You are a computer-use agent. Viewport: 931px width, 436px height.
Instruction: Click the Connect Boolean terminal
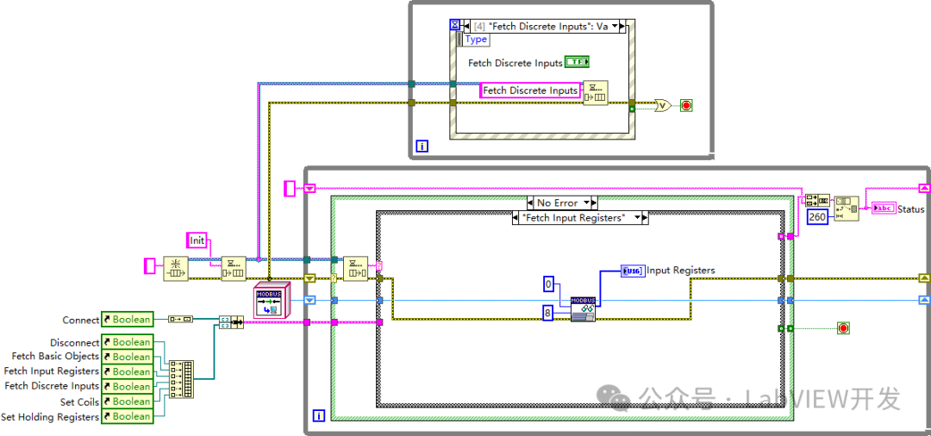tap(127, 320)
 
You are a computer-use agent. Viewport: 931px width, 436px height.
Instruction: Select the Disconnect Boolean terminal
tap(127, 342)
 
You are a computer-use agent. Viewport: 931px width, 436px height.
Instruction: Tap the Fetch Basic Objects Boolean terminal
tap(127, 357)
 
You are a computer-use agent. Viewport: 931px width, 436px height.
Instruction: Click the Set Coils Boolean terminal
tap(127, 402)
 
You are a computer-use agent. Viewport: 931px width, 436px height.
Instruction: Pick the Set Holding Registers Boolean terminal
tap(127, 416)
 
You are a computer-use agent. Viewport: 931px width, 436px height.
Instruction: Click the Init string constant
tap(197, 240)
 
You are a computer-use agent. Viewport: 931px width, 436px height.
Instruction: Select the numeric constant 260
tap(818, 216)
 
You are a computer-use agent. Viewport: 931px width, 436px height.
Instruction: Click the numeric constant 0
tap(549, 284)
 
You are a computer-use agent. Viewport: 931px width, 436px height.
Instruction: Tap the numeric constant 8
tap(549, 311)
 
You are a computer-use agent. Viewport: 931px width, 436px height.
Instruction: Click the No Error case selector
tap(561, 202)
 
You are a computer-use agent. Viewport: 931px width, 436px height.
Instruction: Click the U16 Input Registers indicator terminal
tap(632, 271)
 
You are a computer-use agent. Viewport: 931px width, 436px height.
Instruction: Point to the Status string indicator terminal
tap(884, 209)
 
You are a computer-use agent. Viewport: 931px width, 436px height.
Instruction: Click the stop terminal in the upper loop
tap(686, 106)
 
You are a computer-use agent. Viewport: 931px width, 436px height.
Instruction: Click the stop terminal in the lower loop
tap(842, 327)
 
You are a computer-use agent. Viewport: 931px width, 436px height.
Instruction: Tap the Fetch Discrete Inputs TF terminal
tap(577, 62)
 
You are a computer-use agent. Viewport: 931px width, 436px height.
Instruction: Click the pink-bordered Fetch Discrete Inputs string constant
tap(530, 90)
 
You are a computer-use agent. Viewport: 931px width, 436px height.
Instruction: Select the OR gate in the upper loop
tap(663, 106)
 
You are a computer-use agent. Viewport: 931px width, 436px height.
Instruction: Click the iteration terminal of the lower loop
tap(318, 415)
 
